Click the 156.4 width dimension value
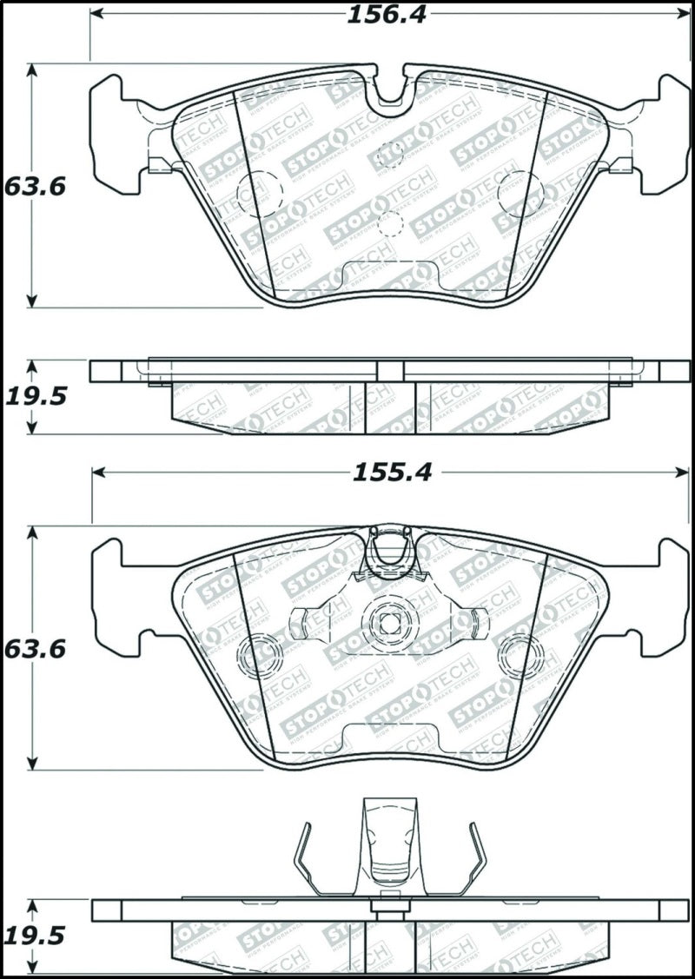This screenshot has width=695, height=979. click(x=387, y=15)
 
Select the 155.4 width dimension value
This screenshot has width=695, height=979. click(x=391, y=473)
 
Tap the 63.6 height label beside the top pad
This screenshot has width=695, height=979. click(x=36, y=187)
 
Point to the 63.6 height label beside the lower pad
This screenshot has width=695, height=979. click(x=36, y=649)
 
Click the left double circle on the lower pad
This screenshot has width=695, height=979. click(x=261, y=655)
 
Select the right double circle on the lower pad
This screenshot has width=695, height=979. click(x=520, y=655)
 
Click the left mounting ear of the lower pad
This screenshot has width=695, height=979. click(x=113, y=598)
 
